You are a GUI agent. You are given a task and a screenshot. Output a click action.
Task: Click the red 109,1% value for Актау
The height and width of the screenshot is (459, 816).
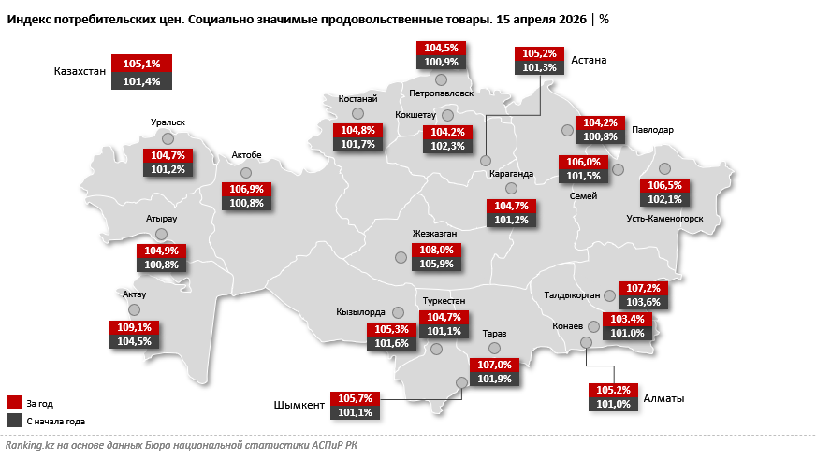point(135,328)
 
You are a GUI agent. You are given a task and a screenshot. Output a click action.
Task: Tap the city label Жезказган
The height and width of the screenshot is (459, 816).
point(434,233)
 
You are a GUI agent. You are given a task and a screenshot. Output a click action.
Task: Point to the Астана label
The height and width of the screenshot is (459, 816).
point(590,60)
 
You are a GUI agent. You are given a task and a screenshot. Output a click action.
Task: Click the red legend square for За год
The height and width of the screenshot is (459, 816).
point(14,403)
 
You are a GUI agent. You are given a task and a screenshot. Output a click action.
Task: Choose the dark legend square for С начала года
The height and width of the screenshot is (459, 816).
point(14,421)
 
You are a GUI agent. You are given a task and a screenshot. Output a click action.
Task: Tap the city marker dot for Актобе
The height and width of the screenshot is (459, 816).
point(247,173)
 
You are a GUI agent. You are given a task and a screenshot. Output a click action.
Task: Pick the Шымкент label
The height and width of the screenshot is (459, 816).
point(299,405)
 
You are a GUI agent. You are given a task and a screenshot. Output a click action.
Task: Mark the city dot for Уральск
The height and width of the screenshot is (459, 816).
point(168,138)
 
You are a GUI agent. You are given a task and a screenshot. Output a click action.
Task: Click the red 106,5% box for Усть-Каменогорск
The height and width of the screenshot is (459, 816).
point(664,185)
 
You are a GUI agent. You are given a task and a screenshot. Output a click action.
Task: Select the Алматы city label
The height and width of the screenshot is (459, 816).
point(663,398)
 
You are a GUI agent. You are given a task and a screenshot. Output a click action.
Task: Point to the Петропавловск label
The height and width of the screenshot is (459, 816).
point(442,93)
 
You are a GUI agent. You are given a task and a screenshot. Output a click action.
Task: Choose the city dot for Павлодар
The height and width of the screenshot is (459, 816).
point(567,130)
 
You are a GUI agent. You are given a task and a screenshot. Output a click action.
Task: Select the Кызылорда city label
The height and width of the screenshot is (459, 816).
point(360,312)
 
